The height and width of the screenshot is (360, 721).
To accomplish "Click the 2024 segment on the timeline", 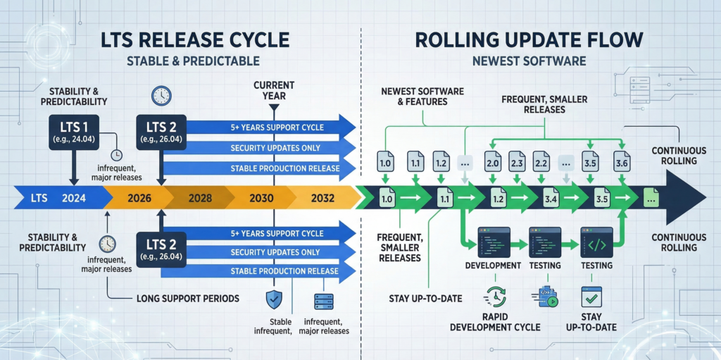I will (74, 198).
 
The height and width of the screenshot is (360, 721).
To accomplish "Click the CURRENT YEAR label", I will (275, 91).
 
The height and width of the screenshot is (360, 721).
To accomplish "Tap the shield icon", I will (273, 299).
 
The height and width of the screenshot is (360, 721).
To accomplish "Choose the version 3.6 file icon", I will (620, 161).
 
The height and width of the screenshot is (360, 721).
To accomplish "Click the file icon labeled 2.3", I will (515, 161).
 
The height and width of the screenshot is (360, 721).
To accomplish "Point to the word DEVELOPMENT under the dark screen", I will (493, 266).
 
